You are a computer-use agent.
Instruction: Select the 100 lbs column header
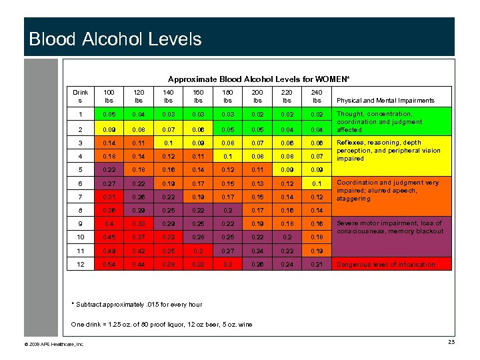coord(109,97)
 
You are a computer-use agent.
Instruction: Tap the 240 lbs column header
coord(317,97)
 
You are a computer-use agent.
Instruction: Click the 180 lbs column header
coord(227,97)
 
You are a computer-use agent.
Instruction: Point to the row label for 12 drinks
coord(80,264)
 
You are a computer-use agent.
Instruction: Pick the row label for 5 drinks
coord(80,170)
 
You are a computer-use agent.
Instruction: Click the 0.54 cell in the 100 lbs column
coord(109,264)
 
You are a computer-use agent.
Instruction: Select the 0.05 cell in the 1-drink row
coord(109,115)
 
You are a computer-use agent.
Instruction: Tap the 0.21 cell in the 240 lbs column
coord(317,264)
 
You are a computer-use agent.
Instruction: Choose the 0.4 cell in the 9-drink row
coord(109,223)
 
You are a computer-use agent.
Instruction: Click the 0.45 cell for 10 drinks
coord(109,237)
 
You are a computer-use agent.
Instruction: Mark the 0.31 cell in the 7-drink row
coord(109,197)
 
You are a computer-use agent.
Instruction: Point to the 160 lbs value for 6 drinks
coord(198,183)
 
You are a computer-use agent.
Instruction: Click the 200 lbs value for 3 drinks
coord(257,143)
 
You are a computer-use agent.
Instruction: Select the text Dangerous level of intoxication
coord(386,265)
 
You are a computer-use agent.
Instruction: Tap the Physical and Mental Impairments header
coord(386,101)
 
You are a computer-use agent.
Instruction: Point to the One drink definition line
coord(162,325)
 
